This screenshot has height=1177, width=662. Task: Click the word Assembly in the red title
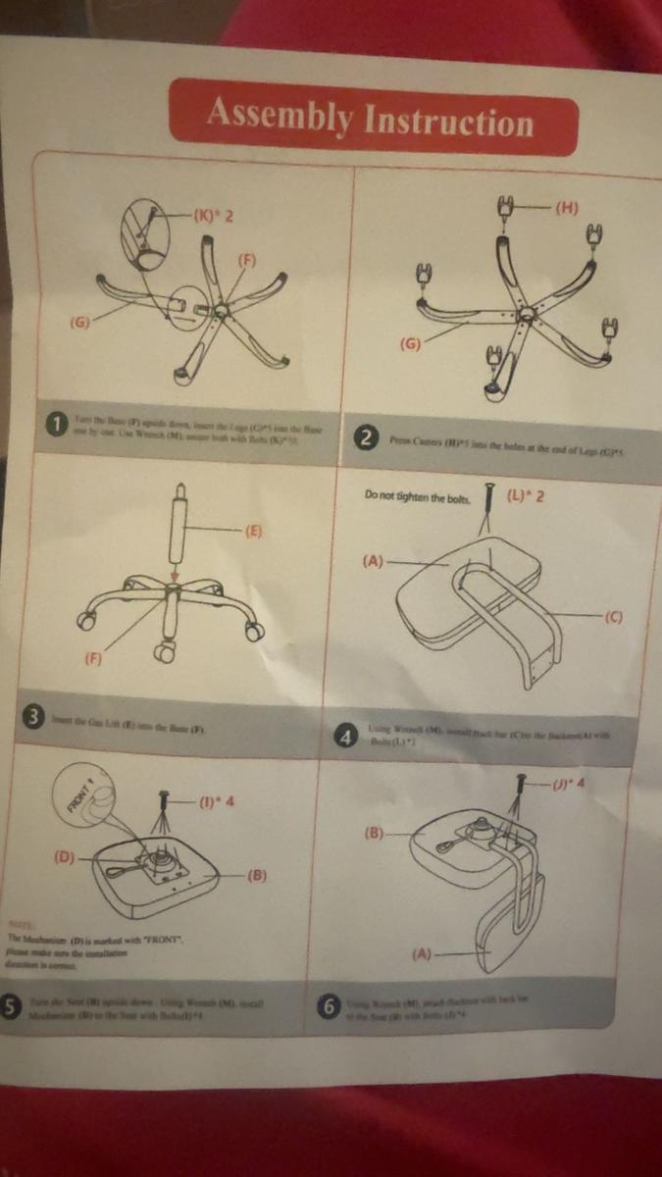[x=280, y=117]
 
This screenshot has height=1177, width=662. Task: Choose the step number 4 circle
[x=344, y=737]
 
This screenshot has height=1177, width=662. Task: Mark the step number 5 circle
[x=12, y=1007]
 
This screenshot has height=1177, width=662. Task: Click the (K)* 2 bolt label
[x=213, y=215]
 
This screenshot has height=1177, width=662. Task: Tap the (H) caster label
[x=567, y=207]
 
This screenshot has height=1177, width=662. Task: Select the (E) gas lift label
[x=253, y=532]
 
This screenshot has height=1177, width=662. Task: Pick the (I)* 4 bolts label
[x=216, y=801]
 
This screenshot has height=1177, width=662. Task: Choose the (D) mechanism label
[x=65, y=857]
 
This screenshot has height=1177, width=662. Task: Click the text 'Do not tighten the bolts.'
[x=418, y=497]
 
